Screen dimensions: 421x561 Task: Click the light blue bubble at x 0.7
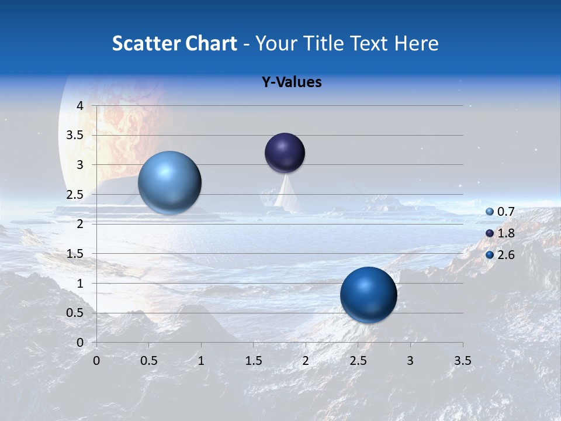pos(170,182)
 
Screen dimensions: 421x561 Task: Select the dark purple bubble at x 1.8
pos(285,153)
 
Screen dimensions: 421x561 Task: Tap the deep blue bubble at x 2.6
pos(368,295)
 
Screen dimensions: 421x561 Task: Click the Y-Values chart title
pos(292,82)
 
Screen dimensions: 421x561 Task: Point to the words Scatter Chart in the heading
pos(174,43)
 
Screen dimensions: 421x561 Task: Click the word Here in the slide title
pos(416,43)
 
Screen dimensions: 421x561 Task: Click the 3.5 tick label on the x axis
pos(462,361)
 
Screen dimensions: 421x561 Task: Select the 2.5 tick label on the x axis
pos(358,361)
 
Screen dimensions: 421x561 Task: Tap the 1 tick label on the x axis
pos(201,361)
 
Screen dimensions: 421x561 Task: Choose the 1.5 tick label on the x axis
pos(253,361)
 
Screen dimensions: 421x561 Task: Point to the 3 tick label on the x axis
pos(410,361)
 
